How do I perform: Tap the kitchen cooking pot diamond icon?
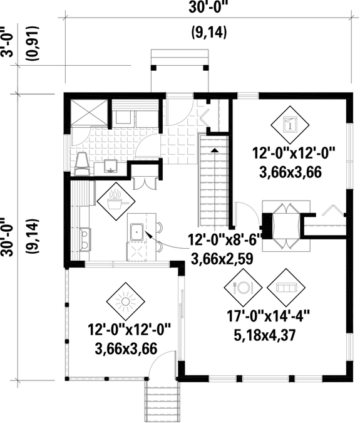116,202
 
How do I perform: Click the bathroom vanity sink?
111,165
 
